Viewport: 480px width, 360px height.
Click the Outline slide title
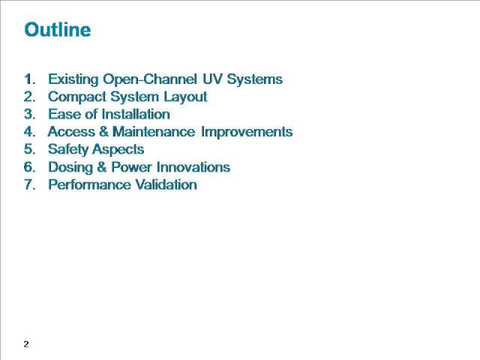click(x=58, y=30)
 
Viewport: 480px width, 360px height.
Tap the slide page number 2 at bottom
click(x=26, y=344)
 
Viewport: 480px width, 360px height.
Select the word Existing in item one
click(x=73, y=79)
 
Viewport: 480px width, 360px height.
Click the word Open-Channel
click(x=150, y=79)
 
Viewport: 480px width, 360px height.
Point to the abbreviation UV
click(x=212, y=79)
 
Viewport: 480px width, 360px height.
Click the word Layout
click(x=185, y=97)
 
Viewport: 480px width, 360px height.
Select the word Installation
click(x=136, y=114)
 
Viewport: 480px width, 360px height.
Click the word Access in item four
click(x=71, y=132)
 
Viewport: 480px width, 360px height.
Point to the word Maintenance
click(x=154, y=132)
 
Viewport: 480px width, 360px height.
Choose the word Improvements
click(x=247, y=132)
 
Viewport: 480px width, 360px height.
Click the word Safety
click(x=68, y=150)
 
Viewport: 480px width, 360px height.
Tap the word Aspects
click(x=118, y=150)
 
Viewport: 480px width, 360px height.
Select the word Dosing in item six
click(x=70, y=167)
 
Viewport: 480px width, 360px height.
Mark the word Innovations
click(x=193, y=167)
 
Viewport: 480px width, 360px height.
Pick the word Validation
click(x=166, y=184)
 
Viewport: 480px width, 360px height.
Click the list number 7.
click(x=30, y=184)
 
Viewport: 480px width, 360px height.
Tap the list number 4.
click(x=30, y=132)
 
